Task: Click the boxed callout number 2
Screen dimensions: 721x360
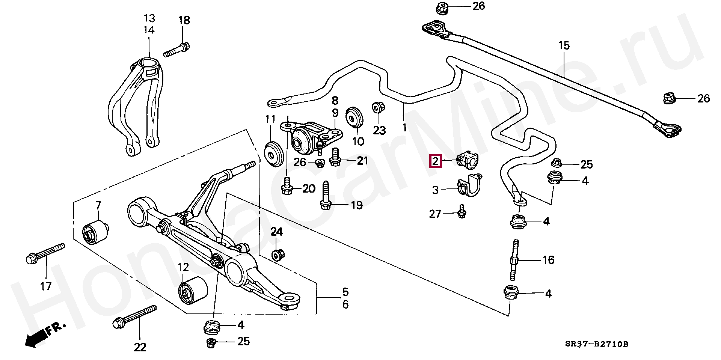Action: pos(435,162)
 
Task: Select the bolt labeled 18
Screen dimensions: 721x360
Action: pos(176,50)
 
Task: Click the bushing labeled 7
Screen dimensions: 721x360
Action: pos(95,232)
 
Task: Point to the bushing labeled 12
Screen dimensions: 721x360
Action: pos(193,291)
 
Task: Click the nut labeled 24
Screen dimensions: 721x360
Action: pos(278,255)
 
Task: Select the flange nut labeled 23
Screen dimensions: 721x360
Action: pos(377,108)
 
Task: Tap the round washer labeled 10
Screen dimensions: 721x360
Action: pos(354,117)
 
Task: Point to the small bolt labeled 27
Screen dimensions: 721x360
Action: pos(462,211)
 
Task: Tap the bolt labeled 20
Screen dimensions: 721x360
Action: pos(287,185)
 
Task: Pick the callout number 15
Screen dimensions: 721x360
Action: pos(564,45)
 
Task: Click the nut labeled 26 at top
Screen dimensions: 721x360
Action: pos(442,9)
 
